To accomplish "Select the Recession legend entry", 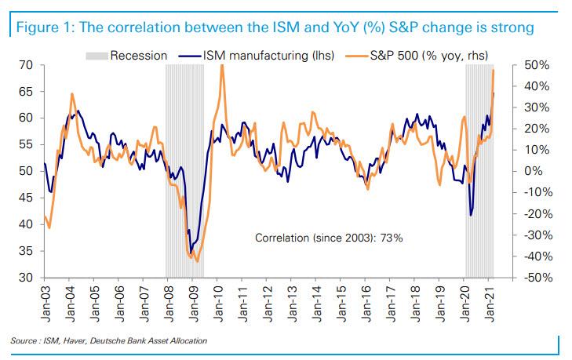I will [134, 55].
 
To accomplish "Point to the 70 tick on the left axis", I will [25, 65].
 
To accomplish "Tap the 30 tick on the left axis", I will [25, 278].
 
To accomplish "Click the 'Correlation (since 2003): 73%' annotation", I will [329, 237].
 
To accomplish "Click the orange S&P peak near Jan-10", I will [222, 66].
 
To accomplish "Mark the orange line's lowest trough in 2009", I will [196, 261].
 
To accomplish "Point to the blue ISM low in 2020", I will [471, 215].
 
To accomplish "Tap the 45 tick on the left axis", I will [25, 198].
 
